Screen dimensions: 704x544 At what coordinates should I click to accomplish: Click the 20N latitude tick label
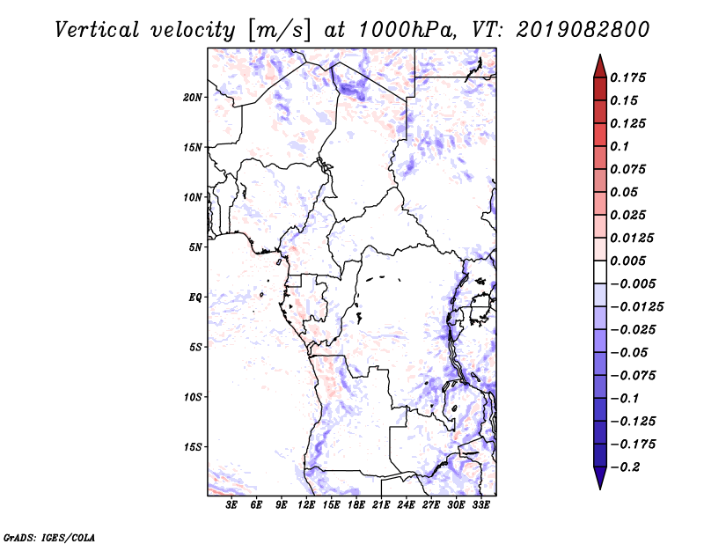click(193, 98)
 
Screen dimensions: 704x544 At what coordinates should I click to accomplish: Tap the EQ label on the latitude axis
click(195, 298)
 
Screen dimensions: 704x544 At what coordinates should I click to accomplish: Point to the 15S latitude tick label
click(193, 447)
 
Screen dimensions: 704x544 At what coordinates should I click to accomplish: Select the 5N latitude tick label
click(195, 247)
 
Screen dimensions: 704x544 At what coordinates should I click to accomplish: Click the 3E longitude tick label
click(231, 505)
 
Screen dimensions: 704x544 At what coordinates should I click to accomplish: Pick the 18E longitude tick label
click(356, 505)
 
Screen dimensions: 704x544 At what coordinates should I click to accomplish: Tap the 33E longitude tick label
click(480, 505)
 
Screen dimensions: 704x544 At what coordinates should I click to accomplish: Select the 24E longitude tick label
click(406, 505)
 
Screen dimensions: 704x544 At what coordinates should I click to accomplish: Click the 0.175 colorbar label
click(628, 77)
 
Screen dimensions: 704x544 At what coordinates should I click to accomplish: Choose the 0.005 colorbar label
click(628, 261)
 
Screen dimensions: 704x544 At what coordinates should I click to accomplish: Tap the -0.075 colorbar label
click(633, 376)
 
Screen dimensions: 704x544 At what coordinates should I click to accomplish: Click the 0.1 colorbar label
click(620, 146)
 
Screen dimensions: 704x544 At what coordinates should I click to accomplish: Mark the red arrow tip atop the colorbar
click(600, 55)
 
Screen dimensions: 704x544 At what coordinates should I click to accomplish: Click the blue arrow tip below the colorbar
click(600, 489)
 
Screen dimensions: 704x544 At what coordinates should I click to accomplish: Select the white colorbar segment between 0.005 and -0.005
click(600, 272)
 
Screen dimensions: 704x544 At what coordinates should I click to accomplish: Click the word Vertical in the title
click(97, 30)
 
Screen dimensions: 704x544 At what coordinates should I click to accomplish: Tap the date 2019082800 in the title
click(583, 30)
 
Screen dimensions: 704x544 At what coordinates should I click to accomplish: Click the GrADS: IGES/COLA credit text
click(49, 538)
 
